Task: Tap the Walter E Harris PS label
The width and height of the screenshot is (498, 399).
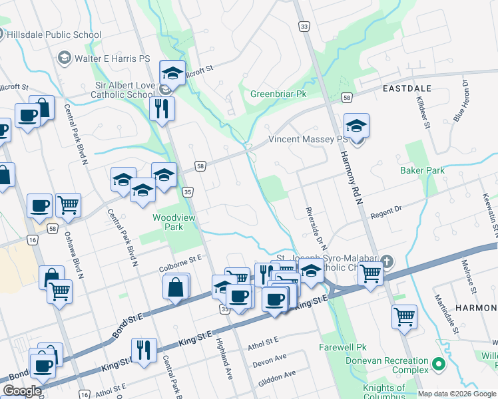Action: [112, 59]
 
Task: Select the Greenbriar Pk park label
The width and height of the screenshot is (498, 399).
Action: [278, 94]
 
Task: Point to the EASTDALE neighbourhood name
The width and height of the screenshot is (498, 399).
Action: [407, 88]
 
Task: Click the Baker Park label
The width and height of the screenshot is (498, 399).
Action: [422, 170]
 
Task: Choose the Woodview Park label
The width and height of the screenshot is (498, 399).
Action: [167, 221]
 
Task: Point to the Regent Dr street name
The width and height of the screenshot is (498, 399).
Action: [387, 212]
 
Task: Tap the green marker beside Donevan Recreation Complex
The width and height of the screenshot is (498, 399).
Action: [438, 364]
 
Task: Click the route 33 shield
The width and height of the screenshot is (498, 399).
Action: [304, 26]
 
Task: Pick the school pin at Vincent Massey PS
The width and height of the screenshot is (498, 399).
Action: [356, 126]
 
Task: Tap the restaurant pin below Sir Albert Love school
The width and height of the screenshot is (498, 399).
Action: [161, 108]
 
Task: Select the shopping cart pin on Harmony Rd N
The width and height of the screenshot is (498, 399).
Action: [370, 272]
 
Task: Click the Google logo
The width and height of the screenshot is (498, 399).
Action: [21, 391]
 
